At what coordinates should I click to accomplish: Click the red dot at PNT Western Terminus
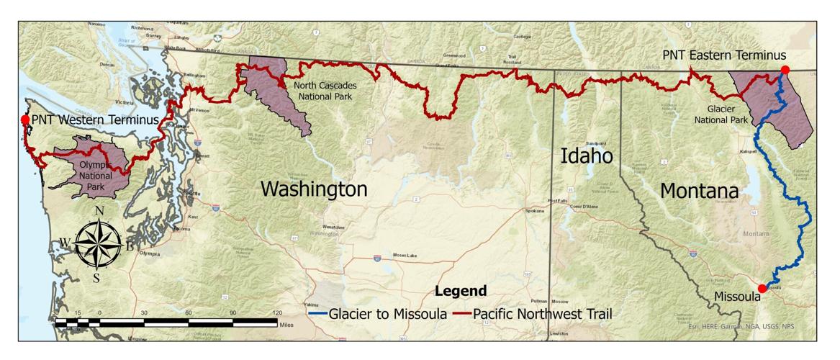[25, 120]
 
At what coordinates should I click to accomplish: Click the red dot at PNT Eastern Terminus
[785, 70]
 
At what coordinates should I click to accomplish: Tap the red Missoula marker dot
[762, 288]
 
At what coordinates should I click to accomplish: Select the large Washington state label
[313, 189]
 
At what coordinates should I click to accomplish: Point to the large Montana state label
[700, 192]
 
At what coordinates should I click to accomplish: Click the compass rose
[99, 242]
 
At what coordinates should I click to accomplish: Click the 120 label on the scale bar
[276, 313]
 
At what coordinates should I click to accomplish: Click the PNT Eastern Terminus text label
[723, 55]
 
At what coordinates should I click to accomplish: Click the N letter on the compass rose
[99, 210]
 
